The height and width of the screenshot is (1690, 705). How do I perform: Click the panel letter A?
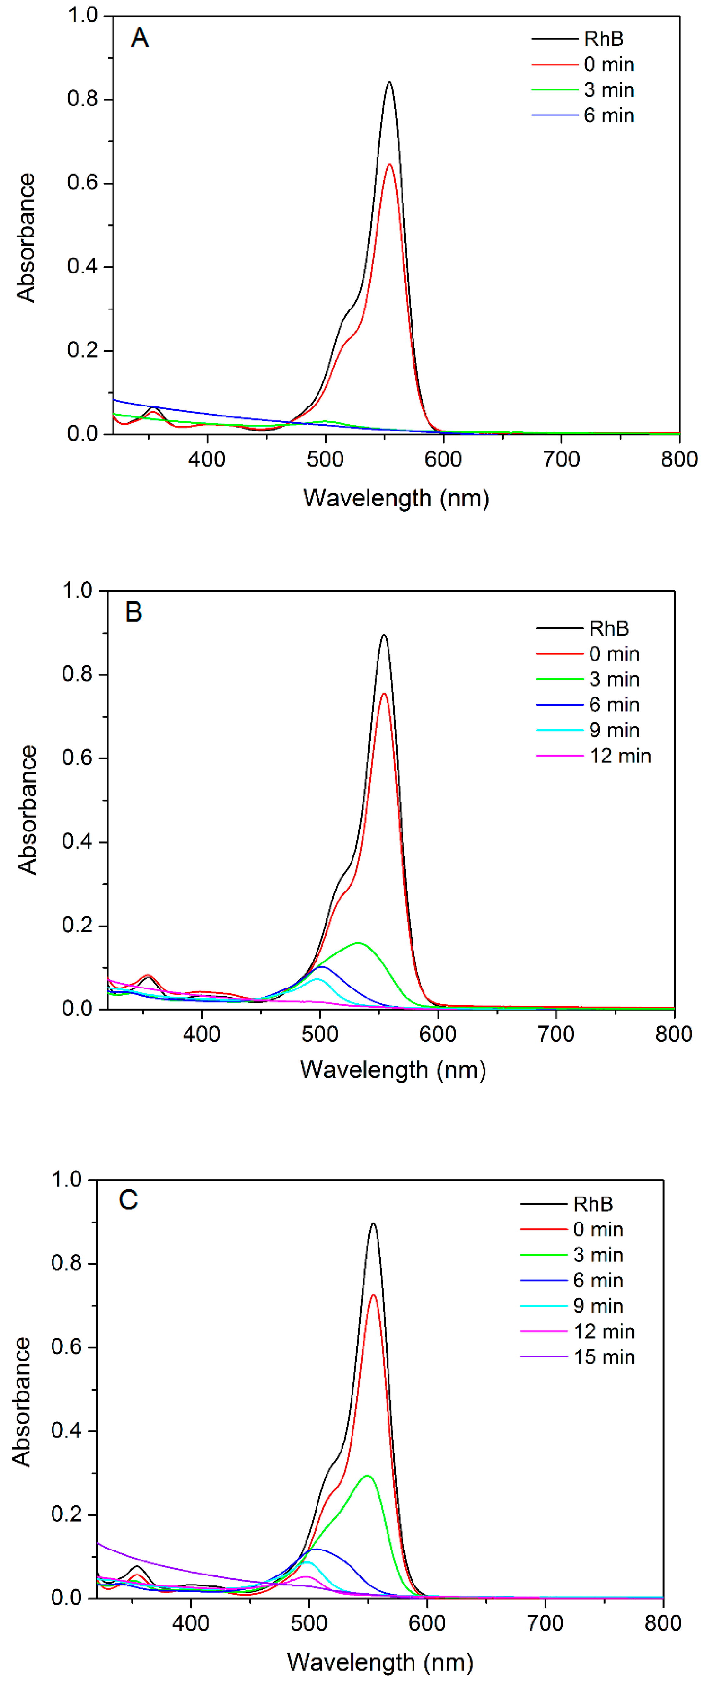(x=140, y=38)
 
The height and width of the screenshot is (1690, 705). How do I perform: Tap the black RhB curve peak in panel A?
(x=389, y=83)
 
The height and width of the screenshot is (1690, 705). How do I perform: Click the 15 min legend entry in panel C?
(x=603, y=1357)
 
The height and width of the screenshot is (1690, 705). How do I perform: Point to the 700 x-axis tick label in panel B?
(x=556, y=1034)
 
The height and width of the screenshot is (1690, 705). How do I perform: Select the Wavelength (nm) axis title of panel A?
(x=396, y=498)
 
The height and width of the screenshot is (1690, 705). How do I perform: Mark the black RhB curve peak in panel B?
(x=384, y=635)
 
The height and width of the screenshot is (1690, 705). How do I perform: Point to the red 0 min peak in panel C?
(x=373, y=1296)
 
